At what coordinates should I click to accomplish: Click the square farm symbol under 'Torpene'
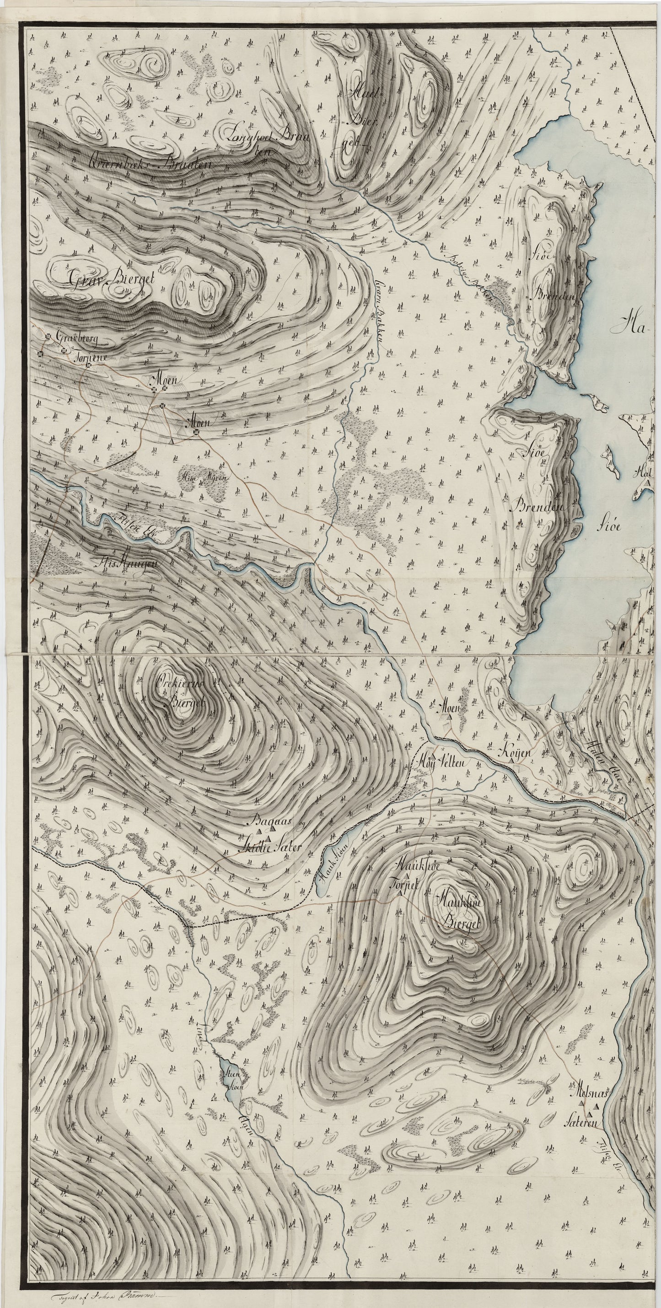click(88, 365)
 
